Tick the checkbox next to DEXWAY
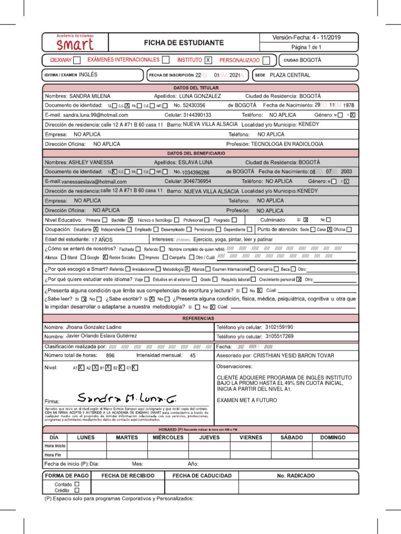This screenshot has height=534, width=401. click(77, 60)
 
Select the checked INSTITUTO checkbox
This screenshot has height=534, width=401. click(208, 60)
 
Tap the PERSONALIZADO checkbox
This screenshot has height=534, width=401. click(266, 60)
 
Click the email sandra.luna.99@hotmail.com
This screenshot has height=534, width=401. click(99, 115)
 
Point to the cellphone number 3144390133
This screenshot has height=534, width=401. click(195, 115)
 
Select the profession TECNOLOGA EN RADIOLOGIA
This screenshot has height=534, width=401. click(287, 143)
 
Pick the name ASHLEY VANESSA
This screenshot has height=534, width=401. click(91, 162)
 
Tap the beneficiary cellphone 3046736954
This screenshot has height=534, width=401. click(195, 181)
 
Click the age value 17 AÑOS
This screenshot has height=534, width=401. click(102, 239)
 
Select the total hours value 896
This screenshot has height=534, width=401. click(110, 355)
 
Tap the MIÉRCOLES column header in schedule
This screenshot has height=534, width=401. click(167, 438)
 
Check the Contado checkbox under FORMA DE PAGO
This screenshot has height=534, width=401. click(77, 484)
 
